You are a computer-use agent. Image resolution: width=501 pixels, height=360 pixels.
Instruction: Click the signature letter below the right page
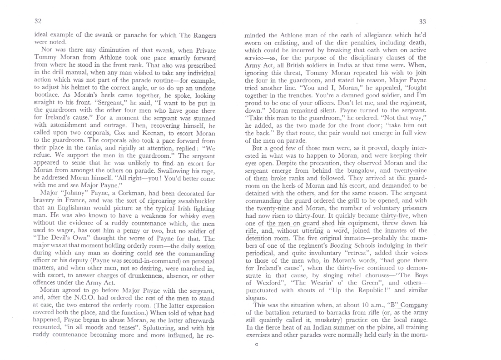coord(257,345)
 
